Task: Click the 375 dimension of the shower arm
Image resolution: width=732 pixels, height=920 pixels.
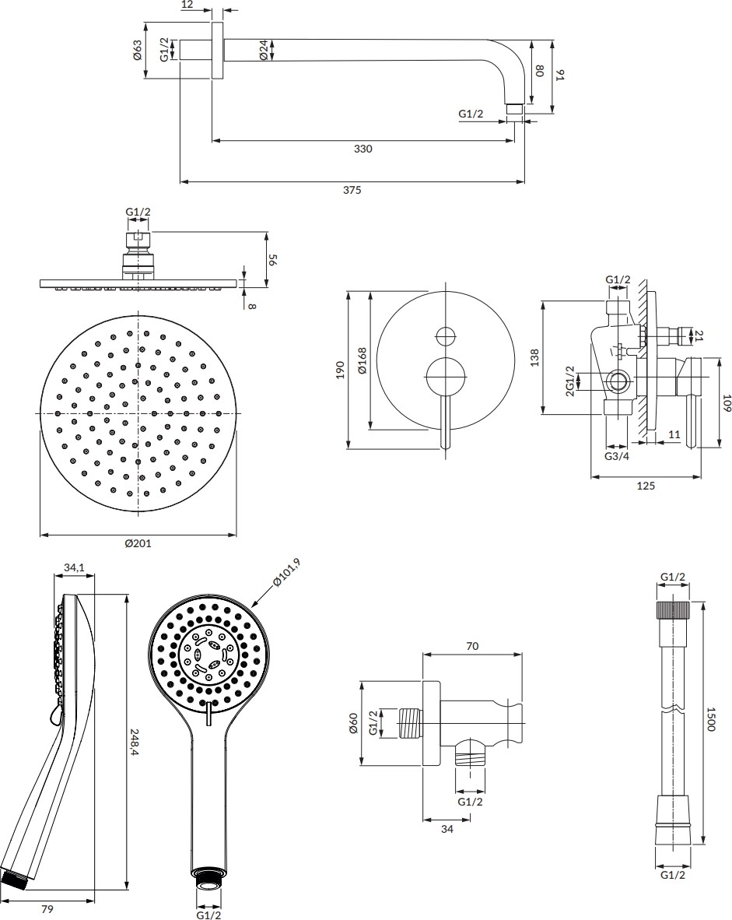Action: coord(353,190)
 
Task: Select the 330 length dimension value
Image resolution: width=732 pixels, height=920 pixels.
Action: coord(363,149)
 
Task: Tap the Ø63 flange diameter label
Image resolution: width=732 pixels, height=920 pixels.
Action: coord(137,53)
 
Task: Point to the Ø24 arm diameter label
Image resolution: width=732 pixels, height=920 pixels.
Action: coord(264,52)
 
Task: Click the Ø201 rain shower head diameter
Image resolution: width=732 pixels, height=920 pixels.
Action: coord(138,543)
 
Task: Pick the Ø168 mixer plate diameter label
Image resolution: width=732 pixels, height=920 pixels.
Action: coord(362,361)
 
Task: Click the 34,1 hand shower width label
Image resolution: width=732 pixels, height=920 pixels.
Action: coord(74,568)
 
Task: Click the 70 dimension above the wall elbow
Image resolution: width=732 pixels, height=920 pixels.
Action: coord(471,646)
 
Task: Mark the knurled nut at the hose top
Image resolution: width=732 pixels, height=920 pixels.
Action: coord(673,609)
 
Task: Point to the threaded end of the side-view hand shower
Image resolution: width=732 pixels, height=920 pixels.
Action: coord(16,879)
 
